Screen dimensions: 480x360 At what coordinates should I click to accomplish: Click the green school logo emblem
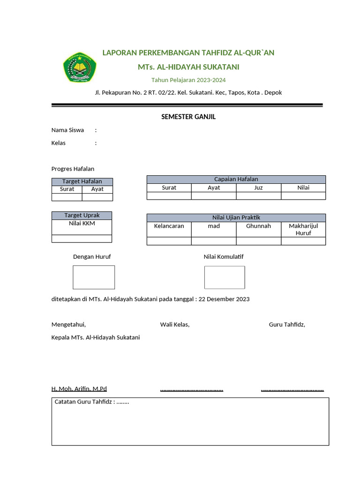point(79,67)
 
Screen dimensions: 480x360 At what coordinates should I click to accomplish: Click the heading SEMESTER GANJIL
point(188,117)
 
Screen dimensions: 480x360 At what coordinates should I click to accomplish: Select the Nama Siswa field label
point(67,130)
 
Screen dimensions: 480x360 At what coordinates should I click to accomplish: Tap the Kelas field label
point(59,143)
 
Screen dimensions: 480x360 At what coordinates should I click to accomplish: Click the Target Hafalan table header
point(82,181)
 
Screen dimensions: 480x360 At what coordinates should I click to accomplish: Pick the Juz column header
point(258,187)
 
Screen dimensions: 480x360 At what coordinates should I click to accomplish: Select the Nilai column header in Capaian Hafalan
point(303,187)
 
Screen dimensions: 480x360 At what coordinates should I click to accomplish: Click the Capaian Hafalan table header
point(236,179)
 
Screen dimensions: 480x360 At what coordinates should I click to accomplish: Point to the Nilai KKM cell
point(82,224)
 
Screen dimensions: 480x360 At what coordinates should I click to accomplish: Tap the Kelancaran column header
point(169,226)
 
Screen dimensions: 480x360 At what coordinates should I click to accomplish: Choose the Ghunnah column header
point(258,226)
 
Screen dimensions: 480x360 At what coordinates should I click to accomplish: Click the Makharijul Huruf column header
point(303,229)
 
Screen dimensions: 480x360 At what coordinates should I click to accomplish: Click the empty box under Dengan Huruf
point(94,277)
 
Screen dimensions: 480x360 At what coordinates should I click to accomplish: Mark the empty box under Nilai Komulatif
point(225,277)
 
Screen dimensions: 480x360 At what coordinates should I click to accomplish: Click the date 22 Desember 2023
point(224,299)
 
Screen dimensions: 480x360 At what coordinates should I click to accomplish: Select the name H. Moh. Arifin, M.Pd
point(79,389)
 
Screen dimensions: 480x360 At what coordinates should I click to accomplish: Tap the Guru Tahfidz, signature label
point(287,324)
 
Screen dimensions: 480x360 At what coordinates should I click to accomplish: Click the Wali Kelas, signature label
point(175,324)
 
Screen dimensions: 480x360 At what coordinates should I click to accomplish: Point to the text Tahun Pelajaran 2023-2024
point(188,80)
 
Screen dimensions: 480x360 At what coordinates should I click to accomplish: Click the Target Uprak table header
point(82,215)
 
